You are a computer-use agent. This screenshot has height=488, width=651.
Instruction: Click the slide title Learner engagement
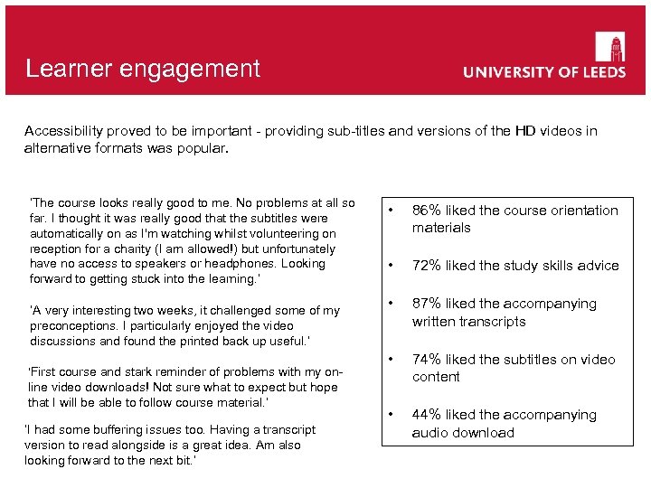point(143,69)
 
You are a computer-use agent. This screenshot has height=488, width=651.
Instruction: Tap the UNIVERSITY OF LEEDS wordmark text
point(544,72)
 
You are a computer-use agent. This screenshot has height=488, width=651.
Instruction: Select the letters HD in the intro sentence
point(527,131)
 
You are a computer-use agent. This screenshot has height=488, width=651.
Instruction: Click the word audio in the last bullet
point(429,433)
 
